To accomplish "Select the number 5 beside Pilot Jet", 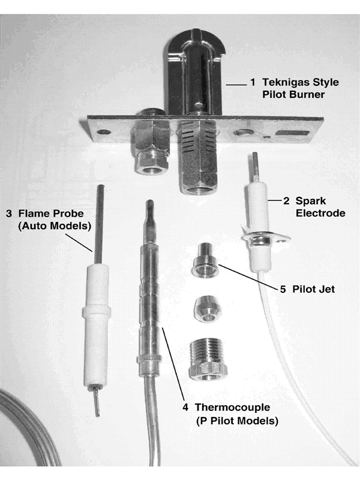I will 283,288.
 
